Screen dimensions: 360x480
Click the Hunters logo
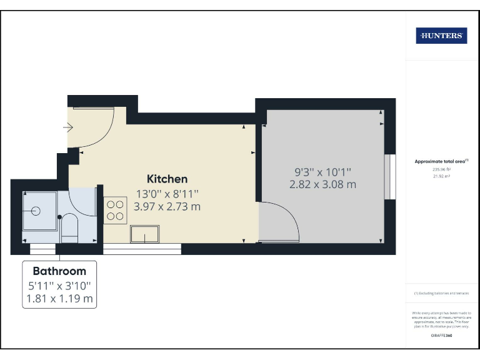point(441,36)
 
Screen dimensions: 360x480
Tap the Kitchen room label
point(167,179)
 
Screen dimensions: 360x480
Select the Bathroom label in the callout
point(59,271)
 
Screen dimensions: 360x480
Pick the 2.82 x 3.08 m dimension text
point(322,184)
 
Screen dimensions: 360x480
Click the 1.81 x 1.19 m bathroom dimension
point(59,299)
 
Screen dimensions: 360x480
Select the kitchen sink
point(144,234)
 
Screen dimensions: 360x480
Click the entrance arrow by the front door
point(68,127)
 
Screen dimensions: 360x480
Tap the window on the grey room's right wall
point(390,177)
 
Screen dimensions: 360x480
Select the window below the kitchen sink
point(142,249)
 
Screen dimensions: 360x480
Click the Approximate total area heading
point(441,161)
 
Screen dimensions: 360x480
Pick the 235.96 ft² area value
point(441,169)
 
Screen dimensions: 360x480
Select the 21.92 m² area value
point(441,176)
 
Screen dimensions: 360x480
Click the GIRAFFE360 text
point(441,336)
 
